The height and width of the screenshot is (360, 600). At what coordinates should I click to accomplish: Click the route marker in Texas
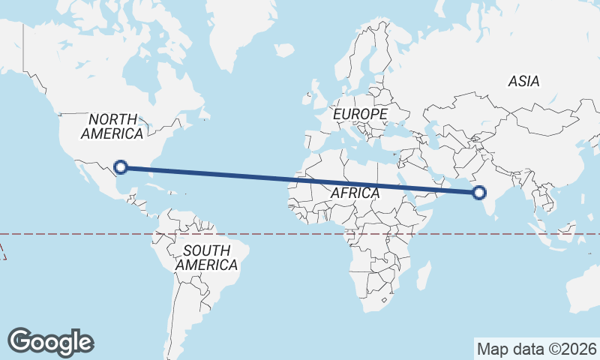click(x=120, y=167)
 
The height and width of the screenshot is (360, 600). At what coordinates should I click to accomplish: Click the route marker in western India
click(x=479, y=193)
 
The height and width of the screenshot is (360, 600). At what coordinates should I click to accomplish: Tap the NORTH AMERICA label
click(x=112, y=126)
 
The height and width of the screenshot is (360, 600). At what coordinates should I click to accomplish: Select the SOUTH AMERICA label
click(x=206, y=257)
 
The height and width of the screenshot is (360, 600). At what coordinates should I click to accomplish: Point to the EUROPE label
click(x=361, y=114)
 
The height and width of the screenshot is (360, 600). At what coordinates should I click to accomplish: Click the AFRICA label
click(x=355, y=193)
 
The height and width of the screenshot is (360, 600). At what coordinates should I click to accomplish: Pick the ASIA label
click(x=523, y=81)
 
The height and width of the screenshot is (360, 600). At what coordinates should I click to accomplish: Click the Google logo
click(x=50, y=341)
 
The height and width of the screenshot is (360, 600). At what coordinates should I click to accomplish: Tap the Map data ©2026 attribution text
click(x=537, y=349)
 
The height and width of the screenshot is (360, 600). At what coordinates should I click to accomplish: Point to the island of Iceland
click(x=284, y=50)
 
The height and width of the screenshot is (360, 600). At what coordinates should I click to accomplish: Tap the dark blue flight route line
click(x=300, y=180)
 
